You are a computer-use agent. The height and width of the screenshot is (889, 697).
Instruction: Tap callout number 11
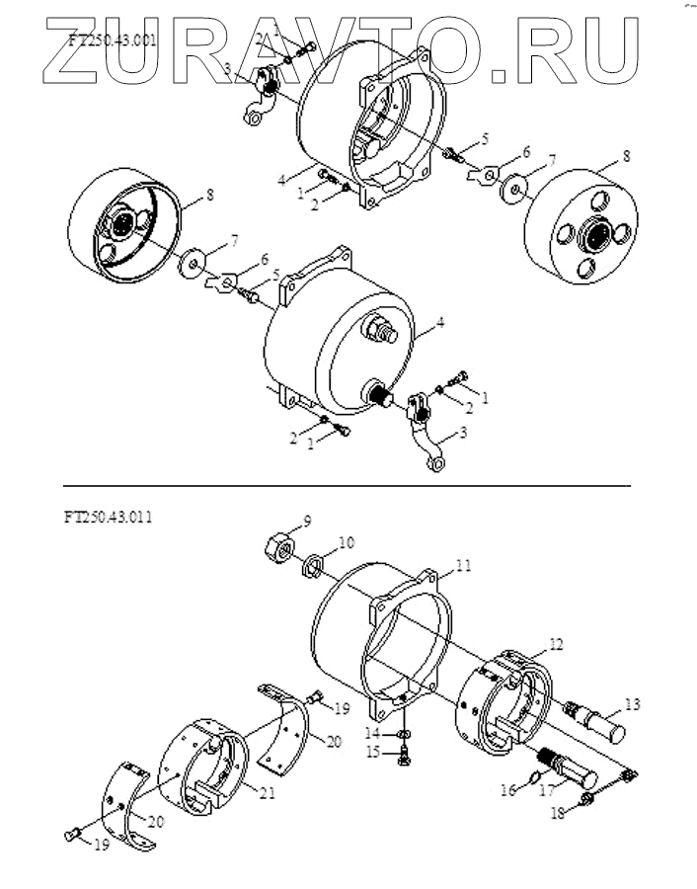coord(463,566)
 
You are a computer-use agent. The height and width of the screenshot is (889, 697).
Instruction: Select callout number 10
coord(346,542)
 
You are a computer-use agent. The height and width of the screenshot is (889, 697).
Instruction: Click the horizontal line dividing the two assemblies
coord(346,486)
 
